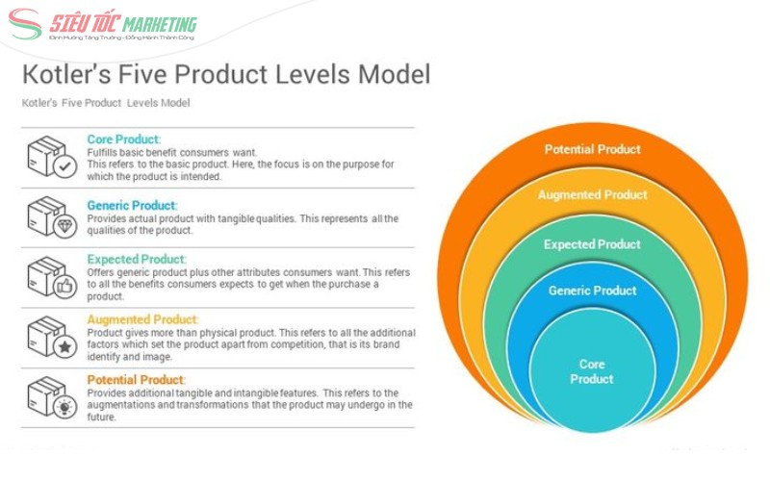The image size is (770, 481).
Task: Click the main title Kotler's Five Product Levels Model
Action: click(226, 74)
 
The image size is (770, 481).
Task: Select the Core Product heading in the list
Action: click(123, 139)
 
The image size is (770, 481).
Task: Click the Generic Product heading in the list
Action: click(132, 205)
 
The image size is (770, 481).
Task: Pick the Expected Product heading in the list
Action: click(136, 259)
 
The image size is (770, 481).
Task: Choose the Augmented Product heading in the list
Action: click(142, 319)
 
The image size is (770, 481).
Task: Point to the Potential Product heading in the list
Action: click(136, 379)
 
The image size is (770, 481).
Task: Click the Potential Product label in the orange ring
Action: click(592, 149)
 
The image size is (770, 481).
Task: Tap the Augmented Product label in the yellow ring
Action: click(592, 195)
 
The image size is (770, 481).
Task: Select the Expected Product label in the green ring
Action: click(592, 244)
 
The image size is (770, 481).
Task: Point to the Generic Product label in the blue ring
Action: click(592, 291)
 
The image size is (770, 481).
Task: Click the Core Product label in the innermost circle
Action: click(592, 371)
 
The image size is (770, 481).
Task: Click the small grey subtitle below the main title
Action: click(106, 103)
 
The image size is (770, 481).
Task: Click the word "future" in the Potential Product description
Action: click(101, 418)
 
